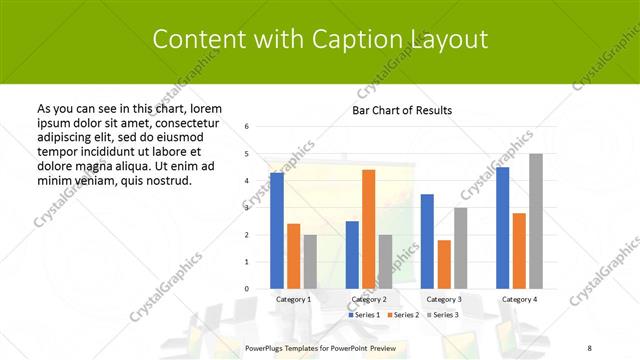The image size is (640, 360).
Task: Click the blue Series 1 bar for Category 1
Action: pyautogui.click(x=277, y=231)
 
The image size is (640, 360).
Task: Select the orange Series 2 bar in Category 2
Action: pyautogui.click(x=368, y=229)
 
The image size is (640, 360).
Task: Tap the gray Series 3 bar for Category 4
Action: pyautogui.click(x=535, y=221)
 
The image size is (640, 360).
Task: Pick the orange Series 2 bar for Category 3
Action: pyautogui.click(x=444, y=264)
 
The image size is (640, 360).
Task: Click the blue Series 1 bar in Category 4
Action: pyautogui.click(x=502, y=228)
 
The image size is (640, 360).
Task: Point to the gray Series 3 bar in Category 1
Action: pyautogui.click(x=310, y=262)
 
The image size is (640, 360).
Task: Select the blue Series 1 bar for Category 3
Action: pyautogui.click(x=427, y=241)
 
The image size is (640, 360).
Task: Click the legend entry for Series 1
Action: pyautogui.click(x=365, y=315)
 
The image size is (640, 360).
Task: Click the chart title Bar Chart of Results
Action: pyautogui.click(x=402, y=110)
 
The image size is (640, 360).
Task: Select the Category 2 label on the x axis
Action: pyautogui.click(x=369, y=299)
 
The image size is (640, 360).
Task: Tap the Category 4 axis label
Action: pyautogui.click(x=519, y=299)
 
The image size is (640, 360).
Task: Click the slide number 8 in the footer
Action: pyautogui.click(x=589, y=347)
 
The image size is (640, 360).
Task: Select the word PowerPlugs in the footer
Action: pyautogui.click(x=266, y=347)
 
